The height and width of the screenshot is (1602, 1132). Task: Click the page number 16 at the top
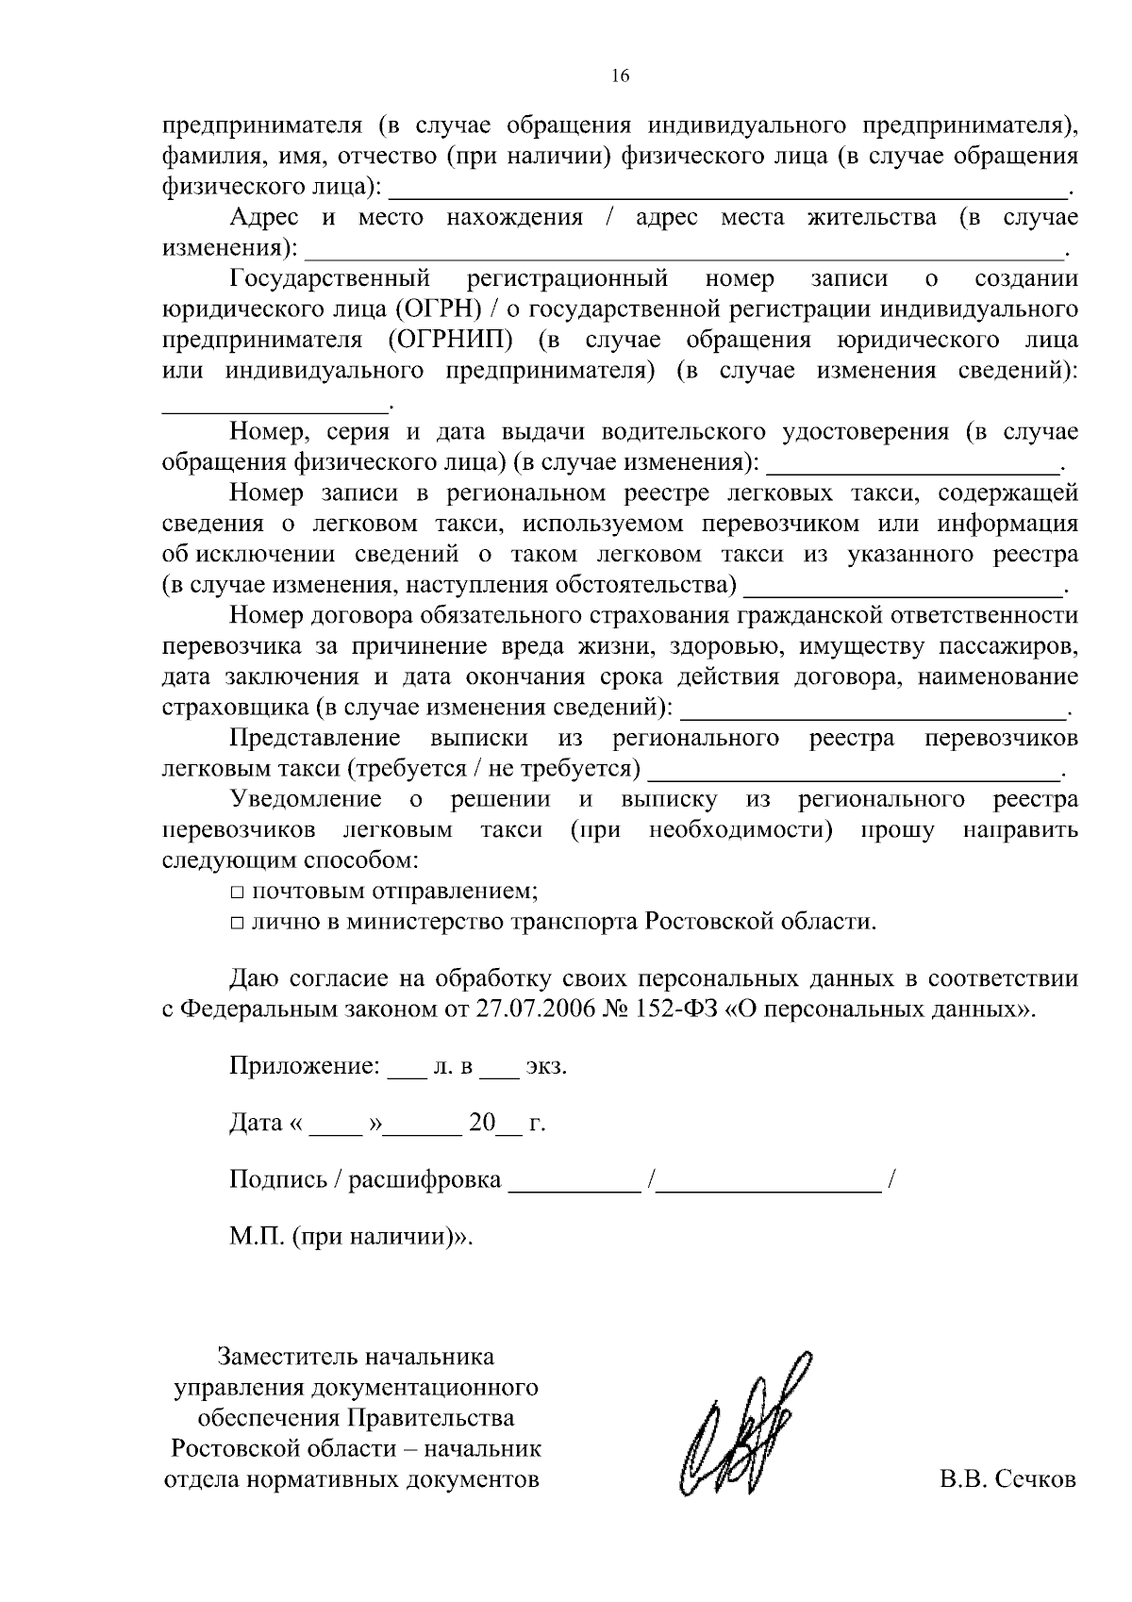[620, 76]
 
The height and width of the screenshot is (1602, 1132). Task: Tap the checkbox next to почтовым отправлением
[236, 892]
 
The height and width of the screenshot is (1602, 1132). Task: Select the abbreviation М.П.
[257, 1236]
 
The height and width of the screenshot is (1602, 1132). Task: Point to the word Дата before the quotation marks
[256, 1123]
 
